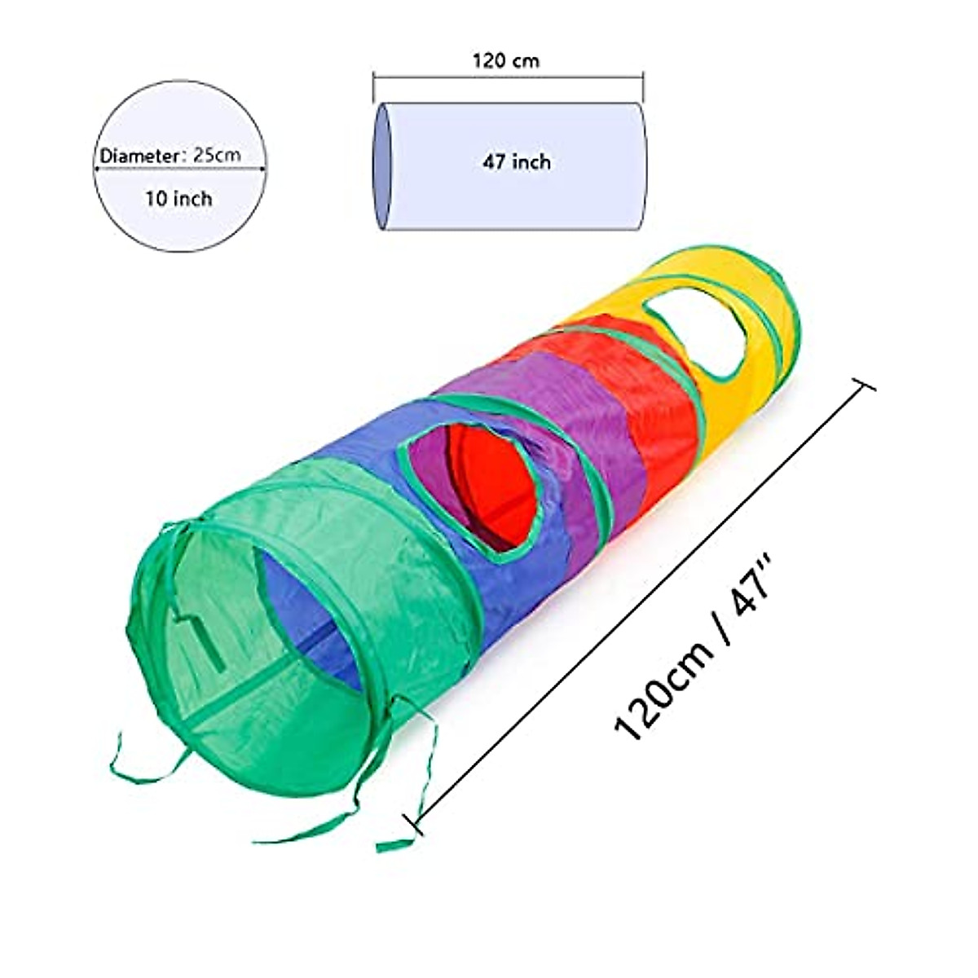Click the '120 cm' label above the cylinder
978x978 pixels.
click(x=505, y=60)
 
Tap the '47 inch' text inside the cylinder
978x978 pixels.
click(x=517, y=162)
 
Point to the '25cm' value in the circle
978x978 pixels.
click(x=217, y=155)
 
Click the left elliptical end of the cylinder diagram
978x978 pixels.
click(x=381, y=166)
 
